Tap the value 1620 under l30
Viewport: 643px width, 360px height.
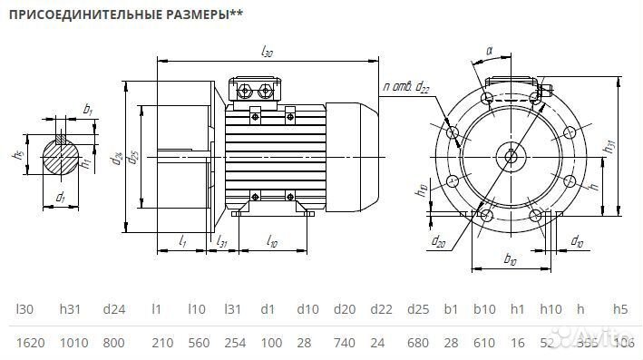click(30, 343)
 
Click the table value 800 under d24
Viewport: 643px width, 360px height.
click(113, 343)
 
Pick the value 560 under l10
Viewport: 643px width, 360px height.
click(199, 343)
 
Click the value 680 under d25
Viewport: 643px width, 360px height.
click(418, 343)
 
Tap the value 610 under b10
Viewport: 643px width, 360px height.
click(485, 343)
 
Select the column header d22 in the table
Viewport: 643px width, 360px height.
click(382, 309)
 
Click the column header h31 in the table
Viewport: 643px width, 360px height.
click(73, 309)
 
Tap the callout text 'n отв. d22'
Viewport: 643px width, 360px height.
click(406, 87)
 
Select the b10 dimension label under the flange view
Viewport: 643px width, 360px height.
click(509, 260)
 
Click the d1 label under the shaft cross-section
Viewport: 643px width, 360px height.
click(60, 197)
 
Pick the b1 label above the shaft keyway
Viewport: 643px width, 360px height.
click(87, 109)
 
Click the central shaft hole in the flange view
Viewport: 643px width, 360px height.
click(511, 156)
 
